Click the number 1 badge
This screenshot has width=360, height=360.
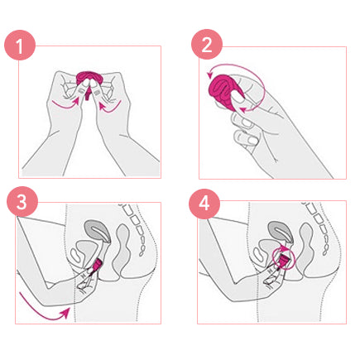point(20,45)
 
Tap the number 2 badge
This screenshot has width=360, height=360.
point(207,44)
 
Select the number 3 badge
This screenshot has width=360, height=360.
point(22,202)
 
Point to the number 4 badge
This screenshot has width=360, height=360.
point(204,204)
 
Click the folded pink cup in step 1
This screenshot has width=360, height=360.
point(89,79)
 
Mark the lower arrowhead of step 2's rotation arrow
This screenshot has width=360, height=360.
point(242,110)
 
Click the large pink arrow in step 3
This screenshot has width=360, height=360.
point(44,310)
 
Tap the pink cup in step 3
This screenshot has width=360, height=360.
point(98,265)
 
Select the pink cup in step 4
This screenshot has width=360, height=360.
point(284,260)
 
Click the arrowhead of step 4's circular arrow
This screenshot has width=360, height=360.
point(283,248)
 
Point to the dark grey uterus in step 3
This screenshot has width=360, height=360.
point(97,230)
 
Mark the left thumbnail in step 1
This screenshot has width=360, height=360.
point(82,90)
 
